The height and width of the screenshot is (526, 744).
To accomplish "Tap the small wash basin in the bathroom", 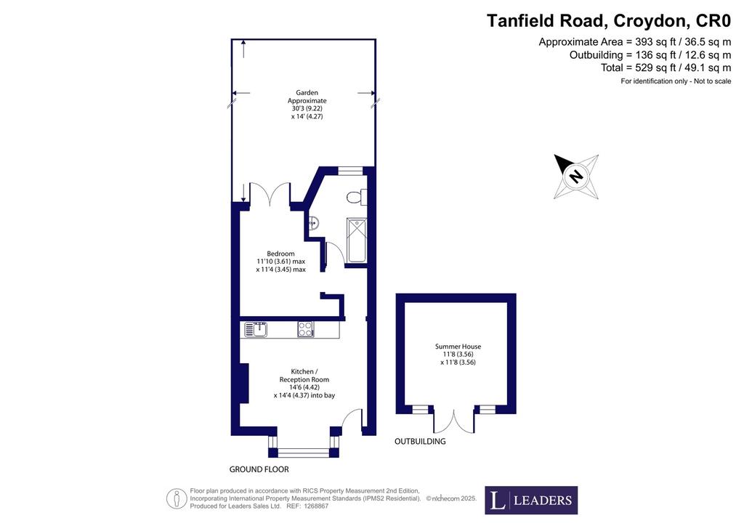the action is [x=313, y=222].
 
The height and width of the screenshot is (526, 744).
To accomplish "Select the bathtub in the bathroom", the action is [x=356, y=240].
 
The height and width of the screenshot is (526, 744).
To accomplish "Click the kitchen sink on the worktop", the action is [x=256, y=328].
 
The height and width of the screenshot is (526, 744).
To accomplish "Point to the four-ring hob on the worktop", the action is [x=306, y=329].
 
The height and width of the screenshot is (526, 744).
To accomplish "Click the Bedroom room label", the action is [x=280, y=254].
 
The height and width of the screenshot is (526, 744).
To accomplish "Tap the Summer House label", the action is [x=458, y=347].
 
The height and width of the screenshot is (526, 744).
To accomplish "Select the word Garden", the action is [x=307, y=92].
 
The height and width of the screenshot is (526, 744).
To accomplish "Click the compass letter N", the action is [x=576, y=176].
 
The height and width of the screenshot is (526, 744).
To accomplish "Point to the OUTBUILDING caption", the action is [x=420, y=441].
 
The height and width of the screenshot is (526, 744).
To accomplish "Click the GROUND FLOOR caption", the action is [x=259, y=469].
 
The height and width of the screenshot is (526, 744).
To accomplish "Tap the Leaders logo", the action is [x=531, y=500].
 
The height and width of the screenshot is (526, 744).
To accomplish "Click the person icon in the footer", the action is [x=176, y=498].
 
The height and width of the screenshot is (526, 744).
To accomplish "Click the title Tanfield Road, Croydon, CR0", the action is [x=609, y=21].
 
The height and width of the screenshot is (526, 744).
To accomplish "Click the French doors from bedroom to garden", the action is [x=270, y=195].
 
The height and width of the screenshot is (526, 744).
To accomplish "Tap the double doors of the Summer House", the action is [x=453, y=421].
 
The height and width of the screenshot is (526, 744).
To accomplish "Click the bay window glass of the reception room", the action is [x=304, y=453].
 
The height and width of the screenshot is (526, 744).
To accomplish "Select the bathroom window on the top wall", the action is [x=350, y=171].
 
